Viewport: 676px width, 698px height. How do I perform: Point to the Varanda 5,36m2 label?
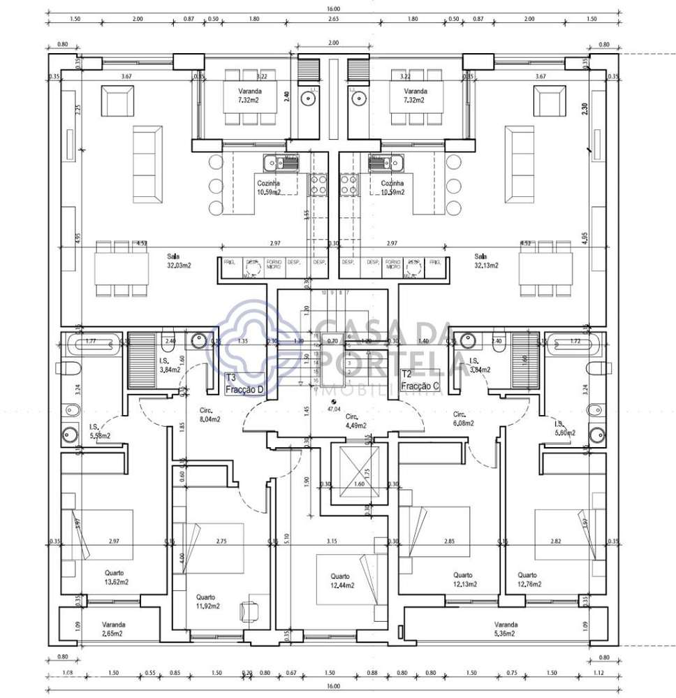[x=506, y=629]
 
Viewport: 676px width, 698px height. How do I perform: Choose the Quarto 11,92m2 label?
[x=207, y=602]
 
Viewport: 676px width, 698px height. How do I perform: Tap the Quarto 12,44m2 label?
[x=340, y=580]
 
